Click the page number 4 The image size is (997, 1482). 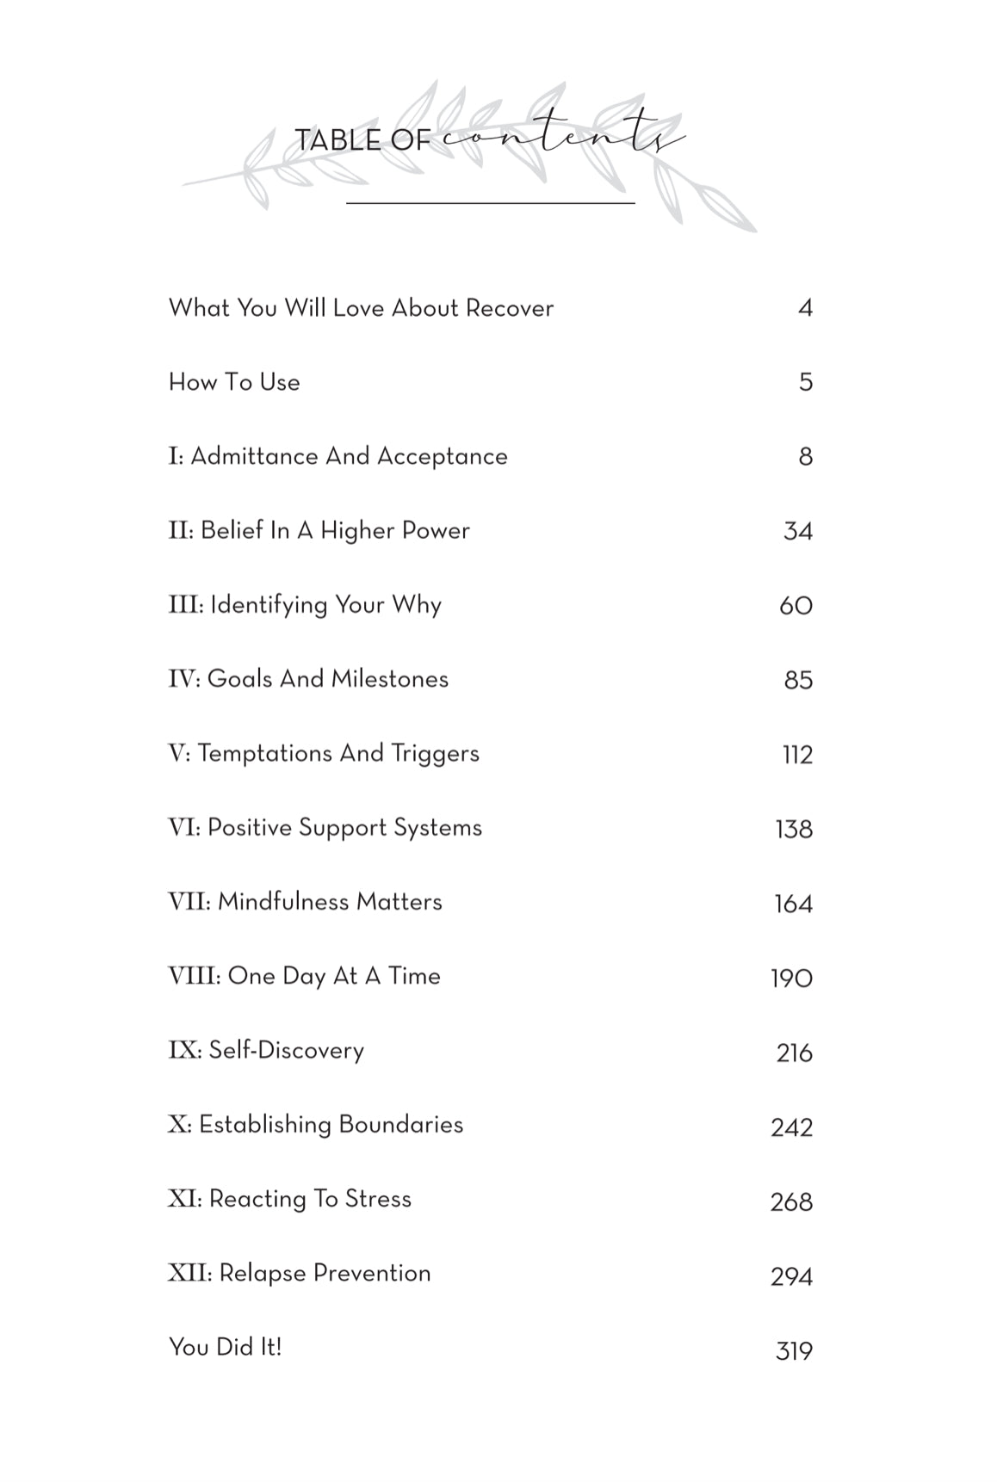pyautogui.click(x=805, y=308)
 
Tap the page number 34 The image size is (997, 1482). pyautogui.click(x=797, y=531)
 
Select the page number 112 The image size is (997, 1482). pyautogui.click(x=797, y=755)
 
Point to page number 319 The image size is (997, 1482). pyautogui.click(x=794, y=1351)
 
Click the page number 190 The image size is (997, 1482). pyautogui.click(x=791, y=979)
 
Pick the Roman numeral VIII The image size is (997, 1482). pyautogui.click(x=194, y=976)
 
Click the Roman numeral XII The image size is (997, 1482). pyautogui.click(x=189, y=1273)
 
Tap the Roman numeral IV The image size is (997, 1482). pyautogui.click(x=183, y=679)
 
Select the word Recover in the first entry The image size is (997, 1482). pyautogui.click(x=510, y=308)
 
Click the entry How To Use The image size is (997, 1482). pyautogui.click(x=234, y=382)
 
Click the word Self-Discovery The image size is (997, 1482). pyautogui.click(x=286, y=1051)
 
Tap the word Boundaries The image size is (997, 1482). pyautogui.click(x=400, y=1125)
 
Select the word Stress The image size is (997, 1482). pyautogui.click(x=378, y=1199)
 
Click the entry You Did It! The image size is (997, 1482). pyautogui.click(x=226, y=1347)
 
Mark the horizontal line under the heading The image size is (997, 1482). pyautogui.click(x=490, y=203)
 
